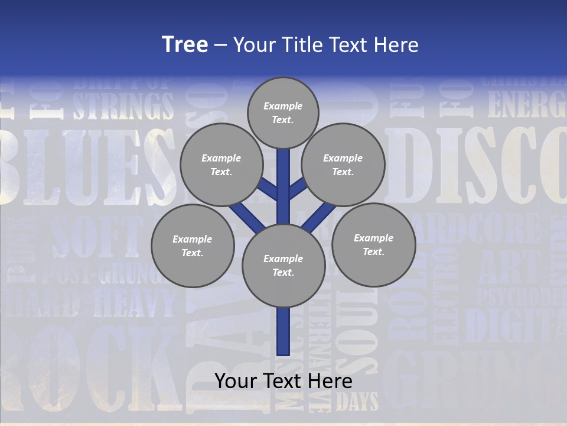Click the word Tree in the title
185,45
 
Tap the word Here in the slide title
394,45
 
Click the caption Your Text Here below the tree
283,381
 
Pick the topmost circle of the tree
283,112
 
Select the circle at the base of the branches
283,266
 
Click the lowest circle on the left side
193,246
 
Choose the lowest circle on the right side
373,244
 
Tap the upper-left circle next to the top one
221,164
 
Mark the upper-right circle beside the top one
343,164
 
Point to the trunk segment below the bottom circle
283,331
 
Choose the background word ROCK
89,367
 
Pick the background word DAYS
357,402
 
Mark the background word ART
509,266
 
